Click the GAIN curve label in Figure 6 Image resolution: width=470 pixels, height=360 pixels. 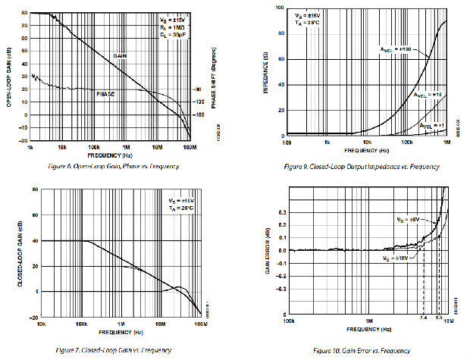point(120,56)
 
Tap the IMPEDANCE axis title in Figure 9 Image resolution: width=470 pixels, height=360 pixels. point(268,72)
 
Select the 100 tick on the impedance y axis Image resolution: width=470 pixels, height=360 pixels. point(280,8)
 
